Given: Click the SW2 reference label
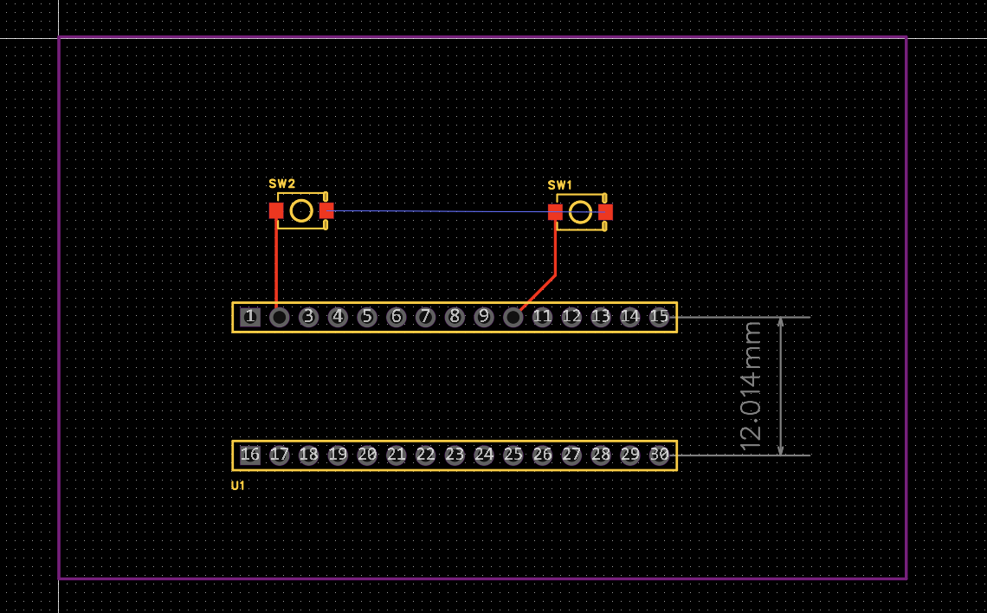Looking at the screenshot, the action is (x=281, y=184).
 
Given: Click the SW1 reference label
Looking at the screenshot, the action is (x=560, y=185).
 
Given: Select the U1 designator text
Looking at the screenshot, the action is (x=238, y=486).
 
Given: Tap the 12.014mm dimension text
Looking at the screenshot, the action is (x=751, y=386).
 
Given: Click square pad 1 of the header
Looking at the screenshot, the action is (x=249, y=317).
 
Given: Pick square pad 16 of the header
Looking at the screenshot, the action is (x=249, y=455).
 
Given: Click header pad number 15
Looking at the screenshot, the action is (x=659, y=317).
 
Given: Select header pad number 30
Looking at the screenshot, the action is (x=659, y=455).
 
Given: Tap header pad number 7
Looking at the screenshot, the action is (x=425, y=317).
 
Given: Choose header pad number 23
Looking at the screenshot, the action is (x=455, y=455).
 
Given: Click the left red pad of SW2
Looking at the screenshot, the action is (x=276, y=210).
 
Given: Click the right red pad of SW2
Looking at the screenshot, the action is (x=326, y=210).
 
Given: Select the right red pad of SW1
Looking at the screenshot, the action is (x=605, y=211).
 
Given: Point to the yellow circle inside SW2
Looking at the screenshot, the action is (x=301, y=210).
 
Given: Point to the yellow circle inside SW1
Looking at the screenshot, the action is (x=580, y=212).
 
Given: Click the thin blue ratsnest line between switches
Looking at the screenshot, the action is (x=442, y=211).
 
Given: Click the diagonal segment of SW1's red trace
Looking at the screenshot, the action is (x=538, y=292).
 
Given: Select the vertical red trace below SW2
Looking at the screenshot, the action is (x=276, y=260).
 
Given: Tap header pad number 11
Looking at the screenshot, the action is (x=542, y=317).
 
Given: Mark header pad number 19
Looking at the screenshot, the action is (x=338, y=455).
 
